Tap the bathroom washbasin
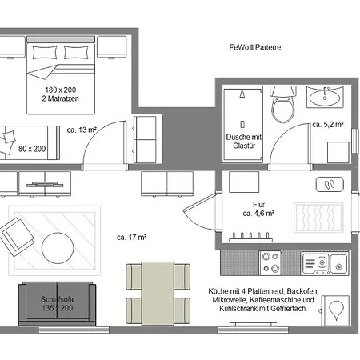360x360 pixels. coord(325,97)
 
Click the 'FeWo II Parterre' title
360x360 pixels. coord(255,47)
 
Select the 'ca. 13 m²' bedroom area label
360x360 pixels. coord(82,130)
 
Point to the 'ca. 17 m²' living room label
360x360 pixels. coord(131,237)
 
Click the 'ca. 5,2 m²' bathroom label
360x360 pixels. coord(328,124)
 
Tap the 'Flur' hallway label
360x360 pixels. coord(258,205)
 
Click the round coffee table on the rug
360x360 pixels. coord(58,248)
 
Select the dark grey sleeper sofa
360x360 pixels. coord(57,303)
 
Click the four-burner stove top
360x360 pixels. coord(270,262)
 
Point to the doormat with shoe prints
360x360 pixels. coord(330,184)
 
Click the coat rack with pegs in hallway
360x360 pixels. coord(250,238)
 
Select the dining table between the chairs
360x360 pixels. coord(158,294)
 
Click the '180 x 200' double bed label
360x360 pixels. coord(61,90)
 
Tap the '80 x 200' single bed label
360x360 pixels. coord(32,149)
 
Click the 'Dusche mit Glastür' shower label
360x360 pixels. coord(244,142)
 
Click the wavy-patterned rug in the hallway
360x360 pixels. coord(318,218)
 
